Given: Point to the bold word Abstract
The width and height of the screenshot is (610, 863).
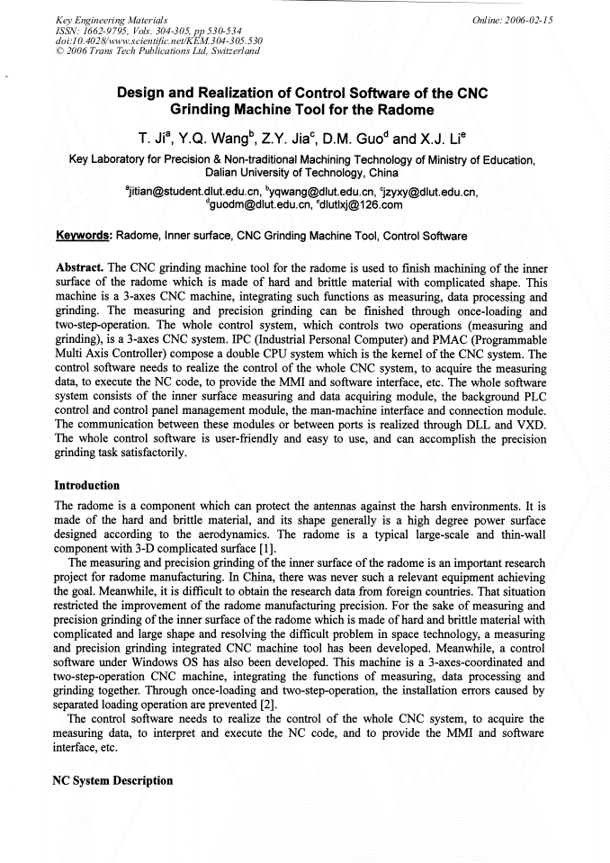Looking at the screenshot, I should click(79, 268).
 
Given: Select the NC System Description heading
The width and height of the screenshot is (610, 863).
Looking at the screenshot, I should click(113, 780).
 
